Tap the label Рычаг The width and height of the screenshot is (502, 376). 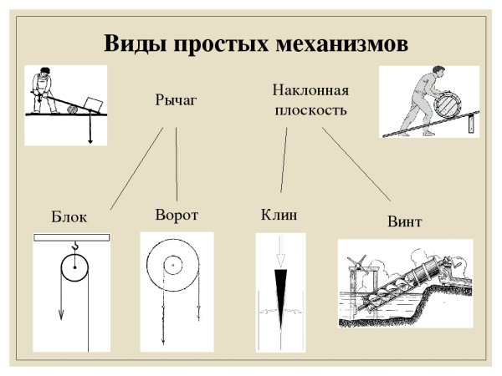click(x=177, y=100)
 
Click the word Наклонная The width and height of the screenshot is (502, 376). click(x=310, y=89)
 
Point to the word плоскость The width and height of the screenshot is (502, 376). click(x=310, y=109)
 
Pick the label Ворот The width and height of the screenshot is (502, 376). click(x=177, y=215)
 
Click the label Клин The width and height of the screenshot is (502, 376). click(x=279, y=215)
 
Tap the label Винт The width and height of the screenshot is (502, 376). click(x=404, y=222)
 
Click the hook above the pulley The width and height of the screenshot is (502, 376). click(x=76, y=247)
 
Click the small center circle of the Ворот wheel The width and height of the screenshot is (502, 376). click(x=172, y=267)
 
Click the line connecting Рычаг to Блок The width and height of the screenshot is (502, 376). click(x=137, y=167)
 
